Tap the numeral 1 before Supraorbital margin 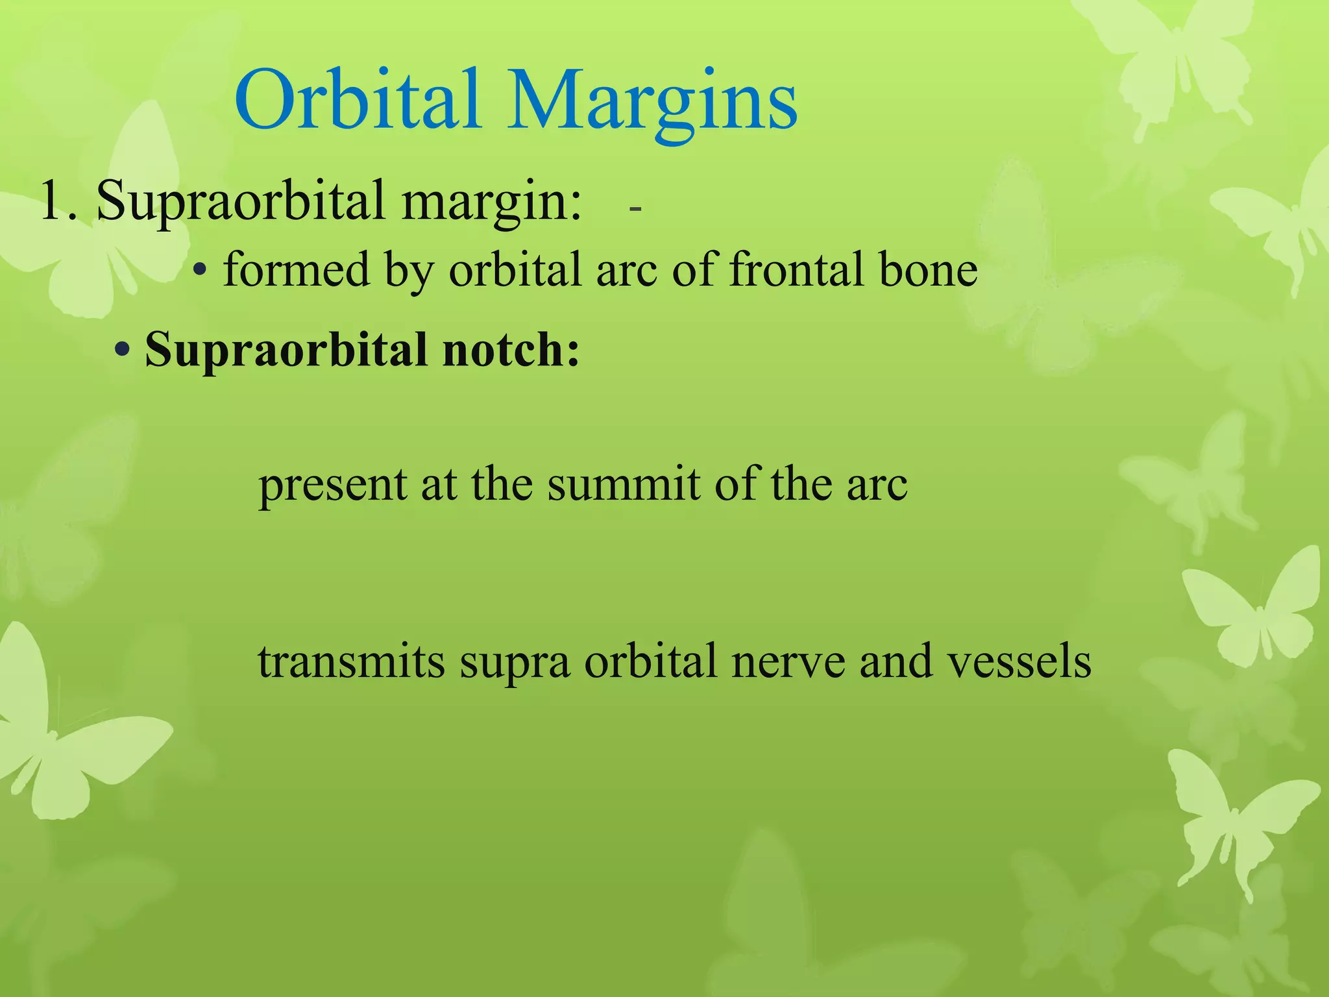[x=52, y=201]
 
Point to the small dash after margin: [x=635, y=209]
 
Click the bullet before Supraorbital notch [x=121, y=351]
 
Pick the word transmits [x=351, y=662]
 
